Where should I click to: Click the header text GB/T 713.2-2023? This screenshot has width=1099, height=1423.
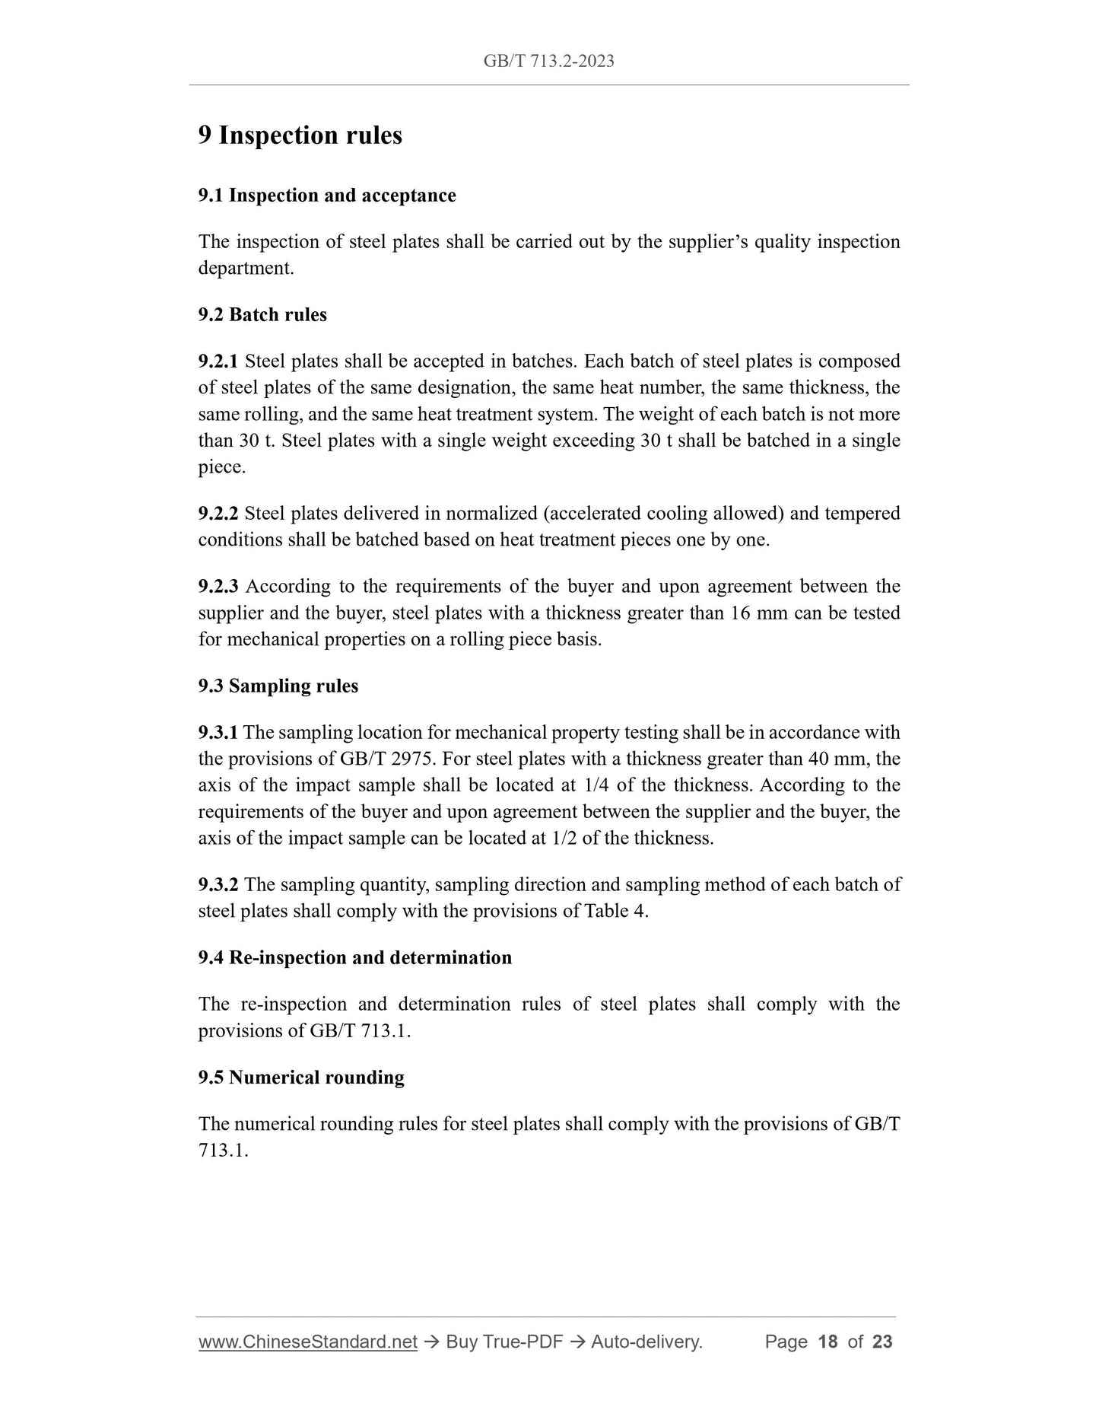pyautogui.click(x=548, y=61)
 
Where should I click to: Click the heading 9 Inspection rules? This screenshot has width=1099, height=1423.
pyautogui.click(x=300, y=135)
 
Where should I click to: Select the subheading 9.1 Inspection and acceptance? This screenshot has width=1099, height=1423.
pyautogui.click(x=327, y=196)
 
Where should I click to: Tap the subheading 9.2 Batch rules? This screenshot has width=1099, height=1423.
pyautogui.click(x=262, y=315)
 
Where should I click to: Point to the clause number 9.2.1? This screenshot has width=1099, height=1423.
pyautogui.click(x=218, y=361)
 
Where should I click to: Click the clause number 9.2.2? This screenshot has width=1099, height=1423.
pyautogui.click(x=218, y=514)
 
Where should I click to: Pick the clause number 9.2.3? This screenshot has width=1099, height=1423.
pyautogui.click(x=218, y=587)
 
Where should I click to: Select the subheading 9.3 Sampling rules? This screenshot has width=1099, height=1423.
pyautogui.click(x=278, y=686)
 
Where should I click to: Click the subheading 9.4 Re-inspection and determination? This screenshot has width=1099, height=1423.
pyautogui.click(x=355, y=958)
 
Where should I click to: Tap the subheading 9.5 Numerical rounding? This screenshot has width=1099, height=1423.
pyautogui.click(x=301, y=1078)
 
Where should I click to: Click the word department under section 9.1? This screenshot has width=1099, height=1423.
pyautogui.click(x=245, y=269)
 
